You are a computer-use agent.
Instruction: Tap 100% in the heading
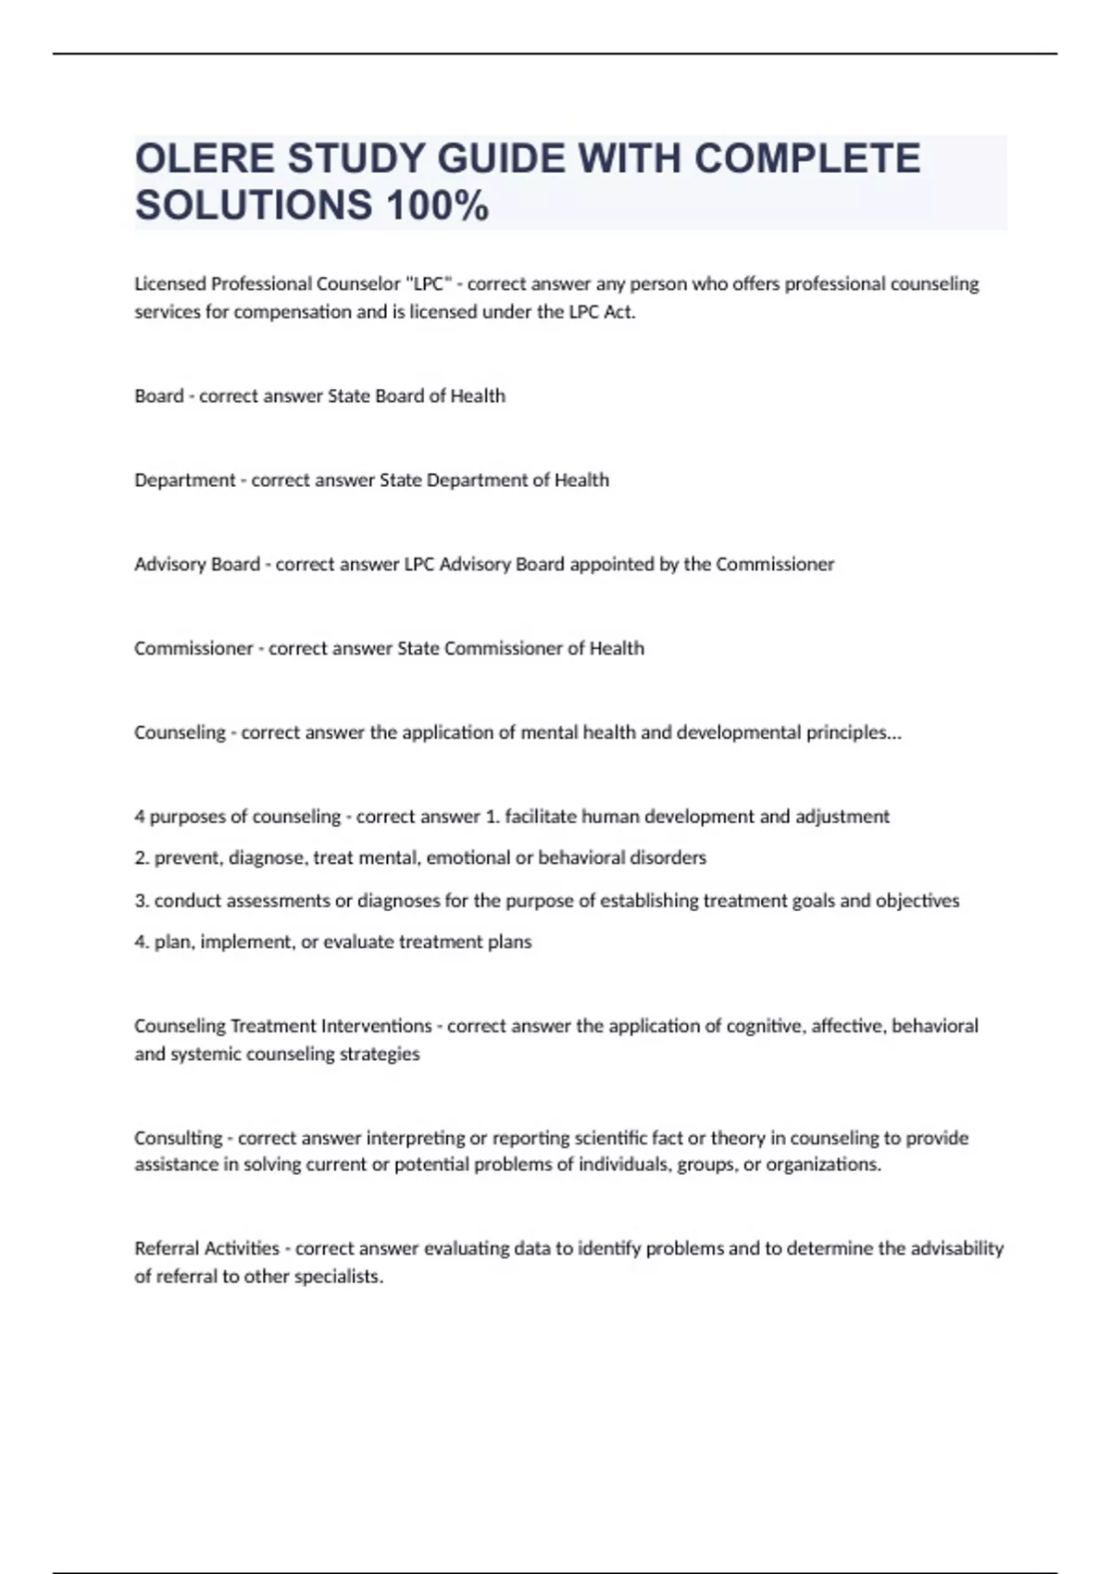pyautogui.click(x=437, y=206)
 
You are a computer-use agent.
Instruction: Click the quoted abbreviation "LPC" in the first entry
pyautogui.click(x=429, y=283)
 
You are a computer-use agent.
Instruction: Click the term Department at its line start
pyautogui.click(x=184, y=480)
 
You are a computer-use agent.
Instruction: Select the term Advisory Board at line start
pyautogui.click(x=196, y=564)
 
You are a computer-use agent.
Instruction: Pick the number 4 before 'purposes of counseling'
pyautogui.click(x=140, y=817)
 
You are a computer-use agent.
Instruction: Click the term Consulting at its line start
pyautogui.click(x=178, y=1138)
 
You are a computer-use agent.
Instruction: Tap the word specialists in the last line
pyautogui.click(x=338, y=1276)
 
